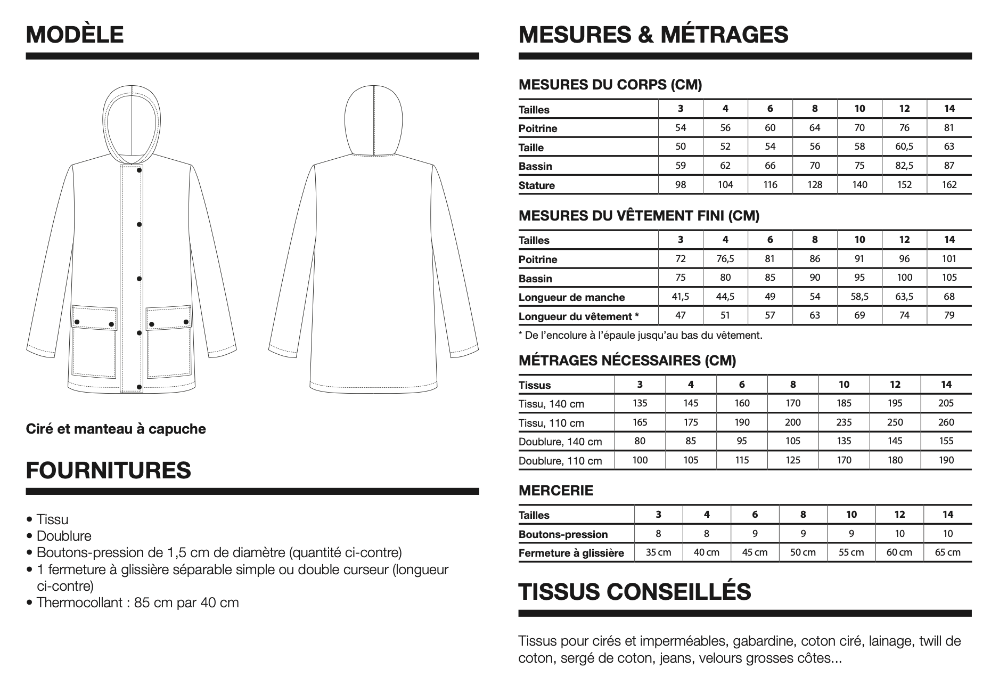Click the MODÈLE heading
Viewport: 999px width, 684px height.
pos(75,35)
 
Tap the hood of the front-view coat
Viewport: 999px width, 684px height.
pos(131,107)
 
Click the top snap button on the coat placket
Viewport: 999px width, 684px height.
pos(140,170)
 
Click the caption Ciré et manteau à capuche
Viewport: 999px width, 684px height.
pos(116,429)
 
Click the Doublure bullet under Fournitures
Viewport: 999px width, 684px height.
pos(64,536)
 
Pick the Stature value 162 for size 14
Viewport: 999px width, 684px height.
pos(949,185)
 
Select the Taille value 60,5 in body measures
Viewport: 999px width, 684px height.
pos(904,146)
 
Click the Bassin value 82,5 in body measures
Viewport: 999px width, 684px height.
pos(904,166)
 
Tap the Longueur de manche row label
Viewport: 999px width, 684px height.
pos(571,297)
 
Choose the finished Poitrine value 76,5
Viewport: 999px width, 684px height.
pos(725,259)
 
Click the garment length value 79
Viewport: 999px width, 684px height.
pos(949,315)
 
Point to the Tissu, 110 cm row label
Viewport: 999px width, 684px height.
pos(551,423)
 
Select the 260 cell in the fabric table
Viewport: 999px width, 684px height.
pos(946,422)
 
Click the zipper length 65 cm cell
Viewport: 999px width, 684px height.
pos(947,552)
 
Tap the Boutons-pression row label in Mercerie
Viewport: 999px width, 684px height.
pos(563,534)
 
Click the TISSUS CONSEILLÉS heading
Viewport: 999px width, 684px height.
pos(635,591)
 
